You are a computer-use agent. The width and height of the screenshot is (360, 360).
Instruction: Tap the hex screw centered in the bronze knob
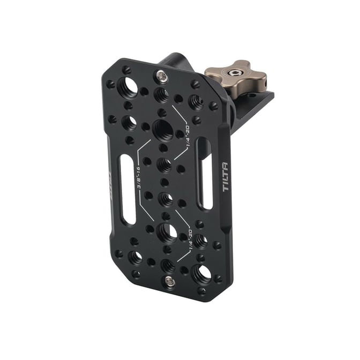pos(233,73)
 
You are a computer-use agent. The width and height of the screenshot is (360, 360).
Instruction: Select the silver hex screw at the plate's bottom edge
pos(169,281)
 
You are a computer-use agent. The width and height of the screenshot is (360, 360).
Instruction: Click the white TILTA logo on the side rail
pos(226,177)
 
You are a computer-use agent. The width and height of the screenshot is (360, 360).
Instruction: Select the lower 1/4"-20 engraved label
pos(190,240)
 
